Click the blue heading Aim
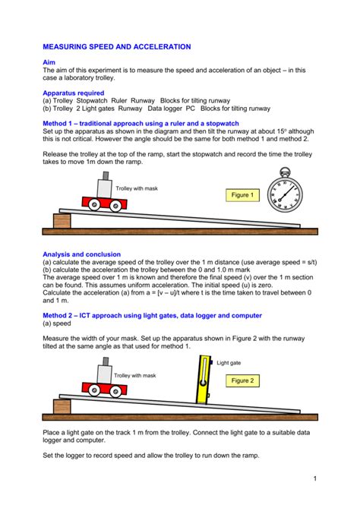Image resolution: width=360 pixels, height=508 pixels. pyautogui.click(x=49, y=62)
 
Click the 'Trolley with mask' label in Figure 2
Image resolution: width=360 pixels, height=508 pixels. pyautogui.click(x=134, y=375)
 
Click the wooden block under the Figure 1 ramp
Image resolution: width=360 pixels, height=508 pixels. pyautogui.click(x=59, y=221)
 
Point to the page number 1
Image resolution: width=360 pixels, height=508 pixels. pyautogui.click(x=313, y=478)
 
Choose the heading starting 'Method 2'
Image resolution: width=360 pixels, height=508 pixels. pyautogui.click(x=152, y=314)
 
